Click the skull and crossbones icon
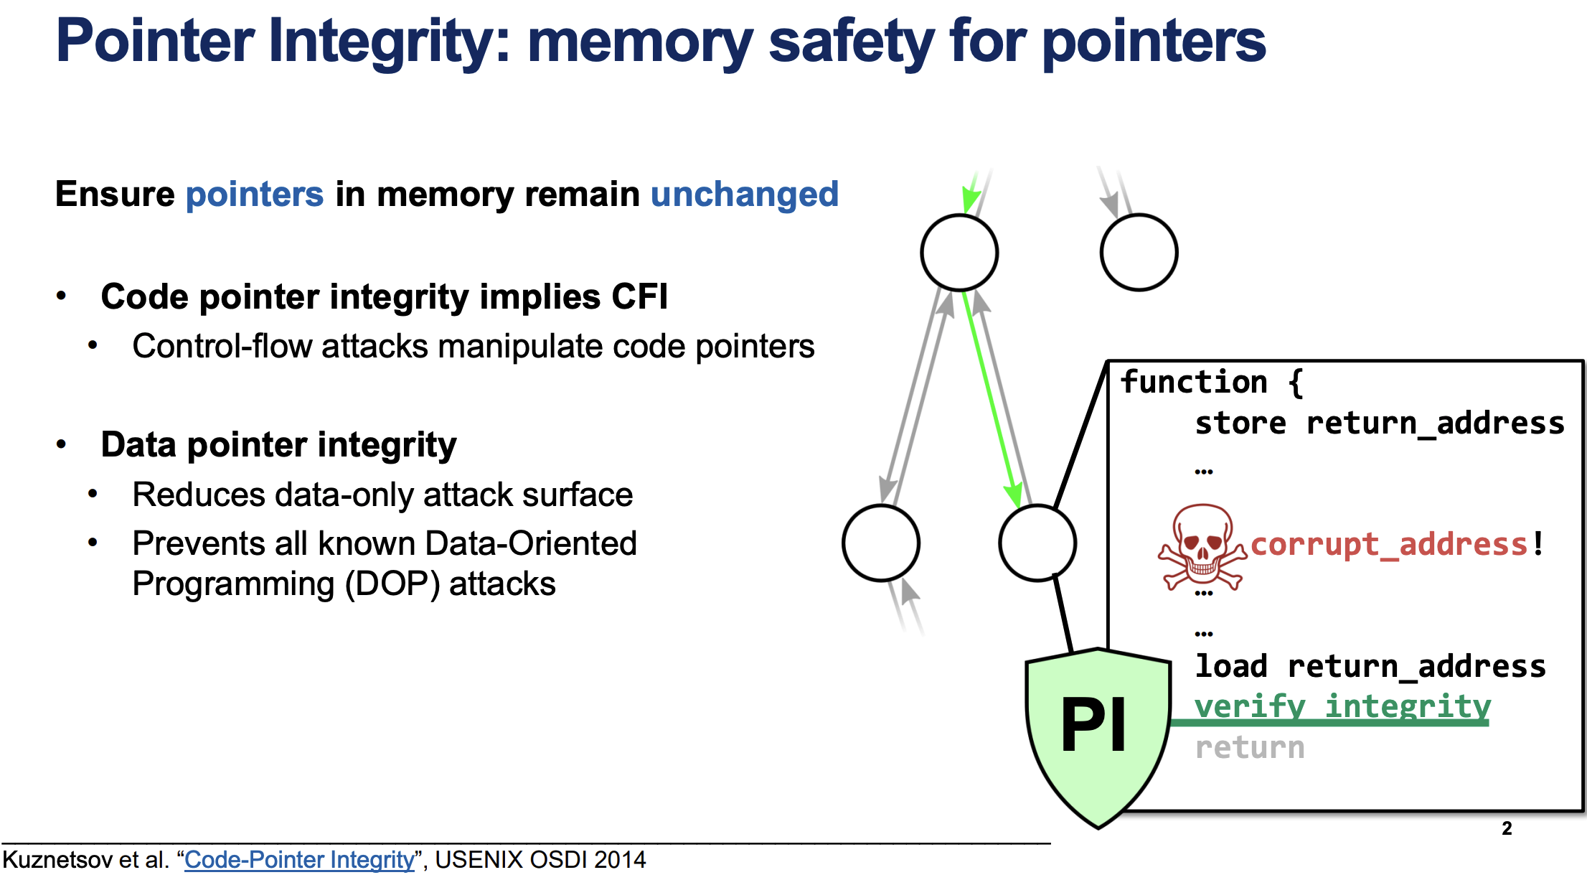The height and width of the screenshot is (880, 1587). tap(1202, 548)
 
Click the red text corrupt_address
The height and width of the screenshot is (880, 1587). tap(1389, 544)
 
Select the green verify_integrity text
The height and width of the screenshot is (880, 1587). tap(1342, 707)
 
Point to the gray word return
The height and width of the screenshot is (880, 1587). tap(1250, 748)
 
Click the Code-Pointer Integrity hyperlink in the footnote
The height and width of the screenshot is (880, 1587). tap(299, 859)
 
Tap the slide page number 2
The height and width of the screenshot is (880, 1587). tap(1507, 828)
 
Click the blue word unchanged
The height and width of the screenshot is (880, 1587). tap(745, 194)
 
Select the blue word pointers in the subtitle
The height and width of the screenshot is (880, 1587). tap(255, 195)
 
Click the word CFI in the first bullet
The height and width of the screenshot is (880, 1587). tap(639, 296)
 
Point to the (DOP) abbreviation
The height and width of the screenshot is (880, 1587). tap(392, 584)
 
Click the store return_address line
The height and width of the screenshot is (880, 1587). tap(1379, 423)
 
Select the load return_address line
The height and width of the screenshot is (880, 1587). tap(1370, 666)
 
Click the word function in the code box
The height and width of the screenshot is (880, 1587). tap(1194, 382)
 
